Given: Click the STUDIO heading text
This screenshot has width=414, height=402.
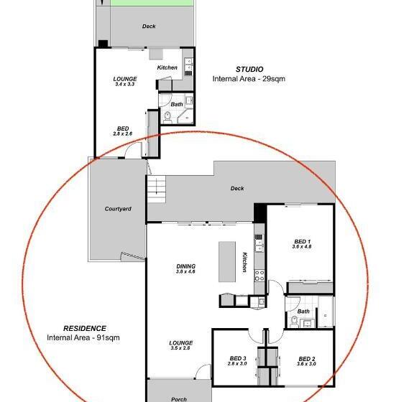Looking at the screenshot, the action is pyautogui.click(x=249, y=70).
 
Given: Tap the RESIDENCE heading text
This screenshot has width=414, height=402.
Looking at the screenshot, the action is pyautogui.click(x=85, y=328).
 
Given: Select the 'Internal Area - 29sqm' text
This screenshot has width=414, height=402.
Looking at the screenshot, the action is pyautogui.click(x=249, y=79).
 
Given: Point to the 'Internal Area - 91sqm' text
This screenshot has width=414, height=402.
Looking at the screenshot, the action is pyautogui.click(x=83, y=337).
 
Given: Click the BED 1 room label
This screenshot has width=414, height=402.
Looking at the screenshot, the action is pyautogui.click(x=303, y=241).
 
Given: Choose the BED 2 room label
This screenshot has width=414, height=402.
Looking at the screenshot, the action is pyautogui.click(x=306, y=359).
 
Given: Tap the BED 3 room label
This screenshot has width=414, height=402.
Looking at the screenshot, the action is pyautogui.click(x=238, y=358).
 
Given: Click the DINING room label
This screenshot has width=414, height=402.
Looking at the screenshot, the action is pyautogui.click(x=186, y=266).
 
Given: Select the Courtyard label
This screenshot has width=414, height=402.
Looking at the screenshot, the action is pyautogui.click(x=118, y=209).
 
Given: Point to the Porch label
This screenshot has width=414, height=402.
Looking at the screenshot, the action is pyautogui.click(x=179, y=399).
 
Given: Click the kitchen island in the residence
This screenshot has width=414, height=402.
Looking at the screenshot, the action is pyautogui.click(x=227, y=262).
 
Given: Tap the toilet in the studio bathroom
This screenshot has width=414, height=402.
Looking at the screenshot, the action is pyautogui.click(x=167, y=118).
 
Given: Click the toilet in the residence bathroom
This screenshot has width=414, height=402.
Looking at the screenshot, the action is pyautogui.click(x=294, y=322).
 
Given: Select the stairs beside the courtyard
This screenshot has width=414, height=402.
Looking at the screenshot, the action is pyautogui.click(x=156, y=189).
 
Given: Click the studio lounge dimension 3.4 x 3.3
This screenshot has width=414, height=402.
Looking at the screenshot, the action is pyautogui.click(x=125, y=84).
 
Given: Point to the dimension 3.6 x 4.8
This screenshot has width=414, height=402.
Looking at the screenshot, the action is pyautogui.click(x=302, y=247).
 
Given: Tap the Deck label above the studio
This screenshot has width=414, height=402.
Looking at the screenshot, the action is pyautogui.click(x=149, y=26).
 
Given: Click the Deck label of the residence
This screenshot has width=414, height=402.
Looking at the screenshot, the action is pyautogui.click(x=237, y=188).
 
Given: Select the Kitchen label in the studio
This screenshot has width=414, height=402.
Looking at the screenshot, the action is pyautogui.click(x=167, y=67).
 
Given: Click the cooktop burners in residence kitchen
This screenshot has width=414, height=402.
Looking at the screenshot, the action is pyautogui.click(x=259, y=275).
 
